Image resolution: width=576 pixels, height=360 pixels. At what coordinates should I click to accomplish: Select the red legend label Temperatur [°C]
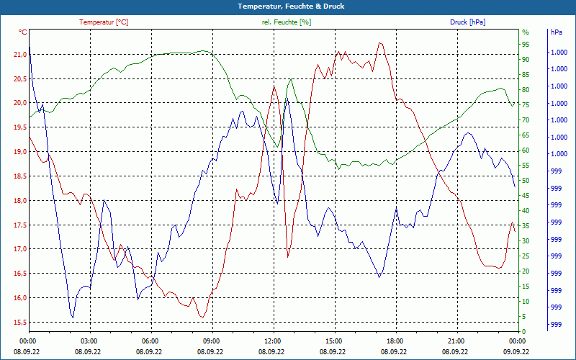(104, 22)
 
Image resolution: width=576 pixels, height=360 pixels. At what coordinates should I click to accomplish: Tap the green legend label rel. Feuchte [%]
(287, 22)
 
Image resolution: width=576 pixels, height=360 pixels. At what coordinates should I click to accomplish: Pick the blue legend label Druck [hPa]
(467, 22)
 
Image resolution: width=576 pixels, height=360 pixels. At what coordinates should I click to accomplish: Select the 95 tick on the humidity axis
(526, 44)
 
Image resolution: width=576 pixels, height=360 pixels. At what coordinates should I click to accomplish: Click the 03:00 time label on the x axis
(89, 341)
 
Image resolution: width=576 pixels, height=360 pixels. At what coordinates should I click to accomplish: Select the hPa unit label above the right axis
(557, 32)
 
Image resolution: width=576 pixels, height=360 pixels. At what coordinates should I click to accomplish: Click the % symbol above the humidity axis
(526, 32)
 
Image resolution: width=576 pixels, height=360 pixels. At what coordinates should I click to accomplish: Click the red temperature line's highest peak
(379, 42)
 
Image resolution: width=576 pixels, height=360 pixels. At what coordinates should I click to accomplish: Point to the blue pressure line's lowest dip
(72, 317)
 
